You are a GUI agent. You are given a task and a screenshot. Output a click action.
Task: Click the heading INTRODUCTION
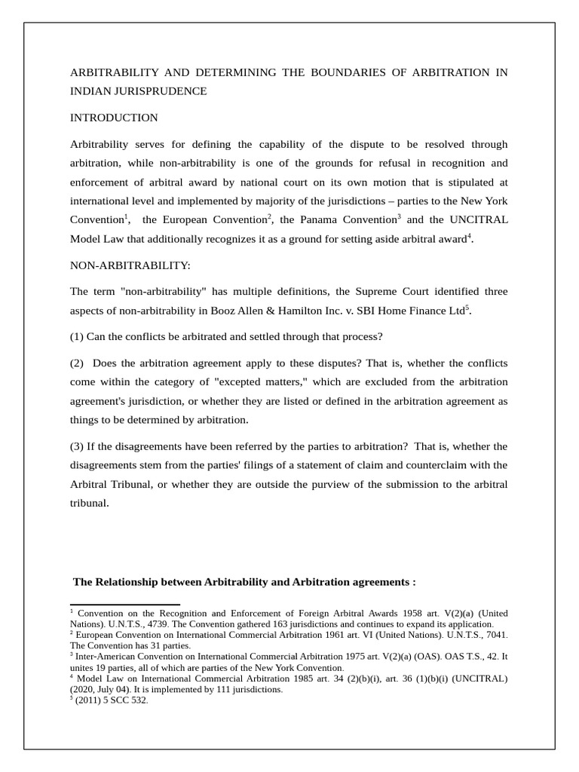[114, 118]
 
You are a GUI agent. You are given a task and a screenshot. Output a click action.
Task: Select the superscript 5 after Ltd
[467, 307]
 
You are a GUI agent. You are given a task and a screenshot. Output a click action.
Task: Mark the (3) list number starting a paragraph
[78, 446]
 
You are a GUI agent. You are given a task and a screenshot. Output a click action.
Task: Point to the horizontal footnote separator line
[124, 604]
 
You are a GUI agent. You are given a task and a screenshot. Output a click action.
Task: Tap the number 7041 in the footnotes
[495, 635]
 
